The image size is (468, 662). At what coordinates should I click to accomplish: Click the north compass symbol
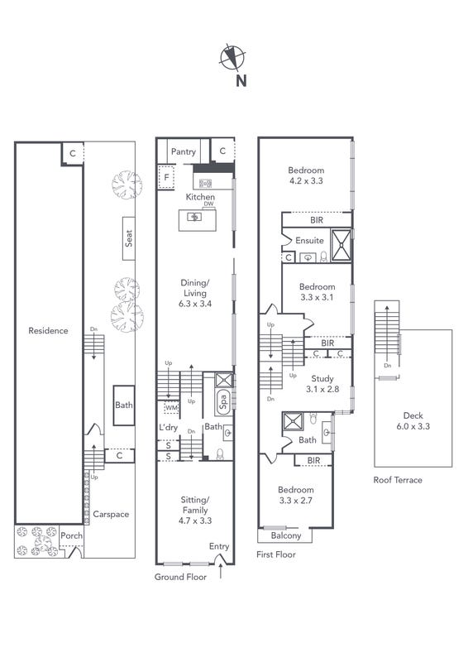pyautogui.click(x=232, y=57)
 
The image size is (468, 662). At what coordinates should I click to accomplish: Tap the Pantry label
pyautogui.click(x=184, y=151)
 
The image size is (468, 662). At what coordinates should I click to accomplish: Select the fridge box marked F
pyautogui.click(x=166, y=177)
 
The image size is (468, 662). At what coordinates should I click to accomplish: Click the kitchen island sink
pyautogui.click(x=194, y=217)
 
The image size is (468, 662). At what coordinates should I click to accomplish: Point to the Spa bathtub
pyautogui.click(x=223, y=401)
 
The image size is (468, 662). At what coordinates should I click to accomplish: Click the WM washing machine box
pyautogui.click(x=171, y=408)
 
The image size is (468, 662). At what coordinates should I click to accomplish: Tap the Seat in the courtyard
pyautogui.click(x=129, y=238)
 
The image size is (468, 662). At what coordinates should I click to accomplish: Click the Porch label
pyautogui.click(x=71, y=535)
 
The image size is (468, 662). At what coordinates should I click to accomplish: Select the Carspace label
pyautogui.click(x=111, y=514)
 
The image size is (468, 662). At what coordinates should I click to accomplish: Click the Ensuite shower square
pyautogui.click(x=341, y=245)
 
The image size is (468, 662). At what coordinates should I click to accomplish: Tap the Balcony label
pyautogui.click(x=286, y=535)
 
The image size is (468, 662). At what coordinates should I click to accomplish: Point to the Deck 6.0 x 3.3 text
pyautogui.click(x=413, y=421)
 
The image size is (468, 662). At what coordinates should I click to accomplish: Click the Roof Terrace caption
pyautogui.click(x=398, y=480)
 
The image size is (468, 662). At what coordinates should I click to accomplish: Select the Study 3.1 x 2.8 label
pyautogui.click(x=322, y=384)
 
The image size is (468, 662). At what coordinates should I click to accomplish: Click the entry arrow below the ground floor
pyautogui.click(x=220, y=573)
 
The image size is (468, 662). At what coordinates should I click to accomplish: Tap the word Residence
pyautogui.click(x=48, y=330)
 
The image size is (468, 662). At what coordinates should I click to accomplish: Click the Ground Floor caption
pyautogui.click(x=180, y=577)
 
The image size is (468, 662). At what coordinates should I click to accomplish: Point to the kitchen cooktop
pyautogui.click(x=205, y=183)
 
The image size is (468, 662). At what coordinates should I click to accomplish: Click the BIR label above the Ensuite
pyautogui.click(x=317, y=220)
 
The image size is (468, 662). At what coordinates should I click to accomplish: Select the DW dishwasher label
pyautogui.click(x=208, y=204)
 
